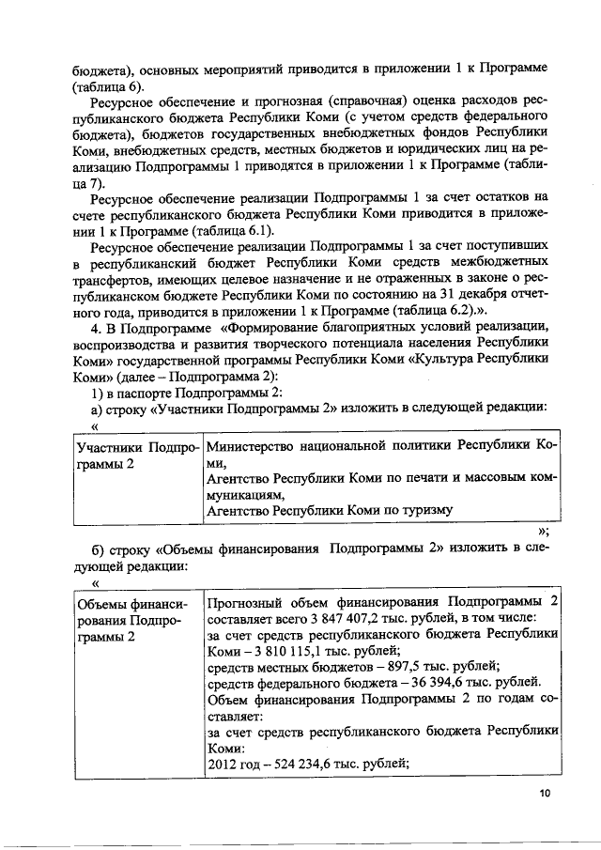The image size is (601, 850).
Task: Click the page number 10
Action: tap(545, 794)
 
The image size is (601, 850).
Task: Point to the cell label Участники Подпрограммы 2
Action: tap(137, 453)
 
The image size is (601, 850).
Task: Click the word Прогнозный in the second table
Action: tap(246, 601)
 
